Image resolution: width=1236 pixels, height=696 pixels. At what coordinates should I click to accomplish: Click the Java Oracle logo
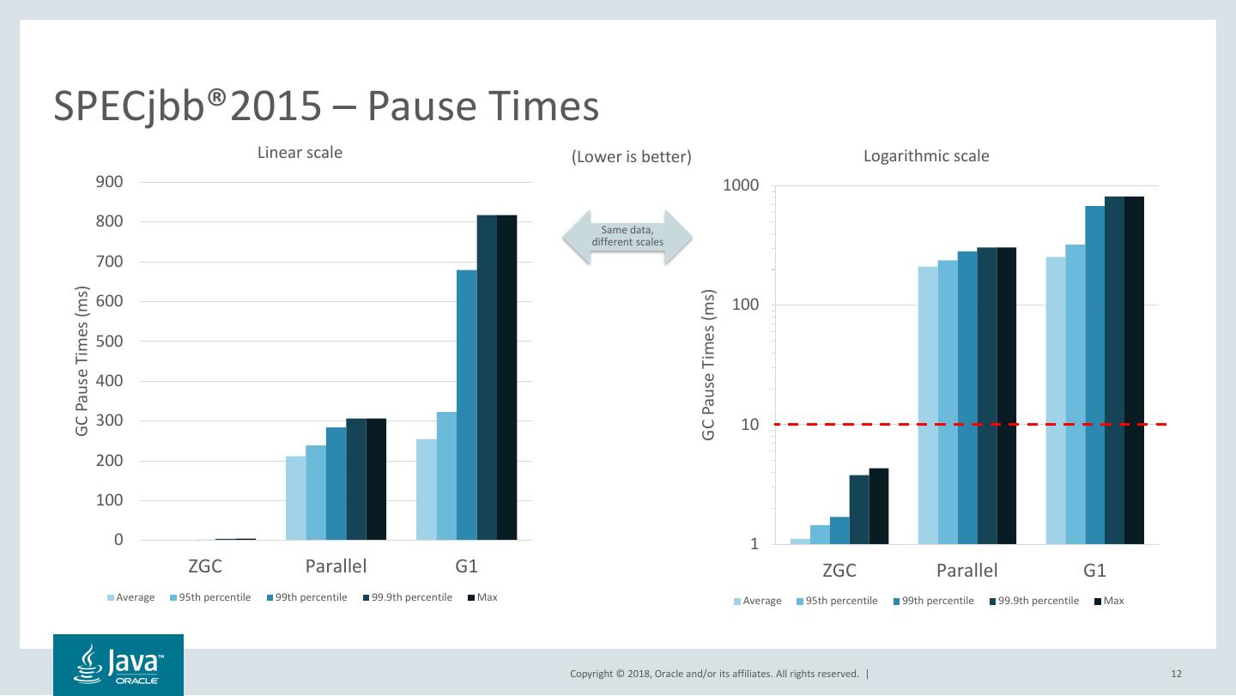pos(118,665)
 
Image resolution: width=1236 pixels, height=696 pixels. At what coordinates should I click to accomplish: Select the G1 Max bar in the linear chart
pos(506,378)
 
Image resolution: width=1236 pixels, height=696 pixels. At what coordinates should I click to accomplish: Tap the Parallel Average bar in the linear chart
pos(295,498)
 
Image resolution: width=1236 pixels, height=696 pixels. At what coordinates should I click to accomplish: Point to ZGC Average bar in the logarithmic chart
pos(800,541)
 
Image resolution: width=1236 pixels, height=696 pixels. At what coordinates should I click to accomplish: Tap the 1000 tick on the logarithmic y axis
pos(741,186)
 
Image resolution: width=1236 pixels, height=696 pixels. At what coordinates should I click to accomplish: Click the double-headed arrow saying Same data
pos(627,236)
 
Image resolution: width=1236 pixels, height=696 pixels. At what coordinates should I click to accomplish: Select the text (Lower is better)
pos(631,157)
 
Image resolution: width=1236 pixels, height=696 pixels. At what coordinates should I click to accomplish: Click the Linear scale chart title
pos(300,153)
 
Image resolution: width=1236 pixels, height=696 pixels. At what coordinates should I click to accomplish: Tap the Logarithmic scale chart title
pos(926,156)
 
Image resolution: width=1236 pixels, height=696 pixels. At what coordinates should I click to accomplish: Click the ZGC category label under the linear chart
pos(205,567)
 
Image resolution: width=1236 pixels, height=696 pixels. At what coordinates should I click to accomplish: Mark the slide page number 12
pos(1176,674)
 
